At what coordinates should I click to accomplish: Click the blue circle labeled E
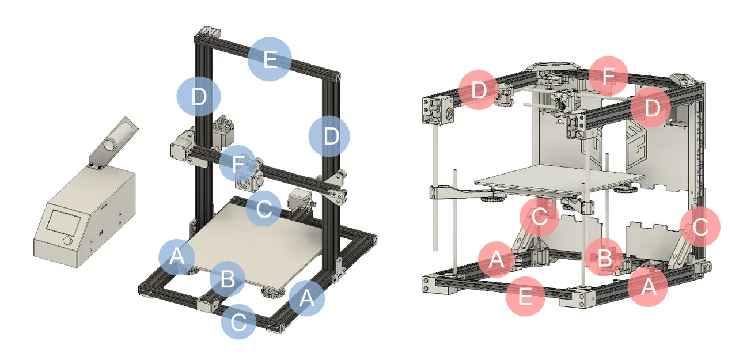point(270,59)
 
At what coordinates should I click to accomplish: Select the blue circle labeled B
point(228,281)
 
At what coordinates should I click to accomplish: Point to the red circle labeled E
point(525,297)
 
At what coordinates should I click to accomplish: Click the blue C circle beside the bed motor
point(263,209)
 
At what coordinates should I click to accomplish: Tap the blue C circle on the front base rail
point(238,321)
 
